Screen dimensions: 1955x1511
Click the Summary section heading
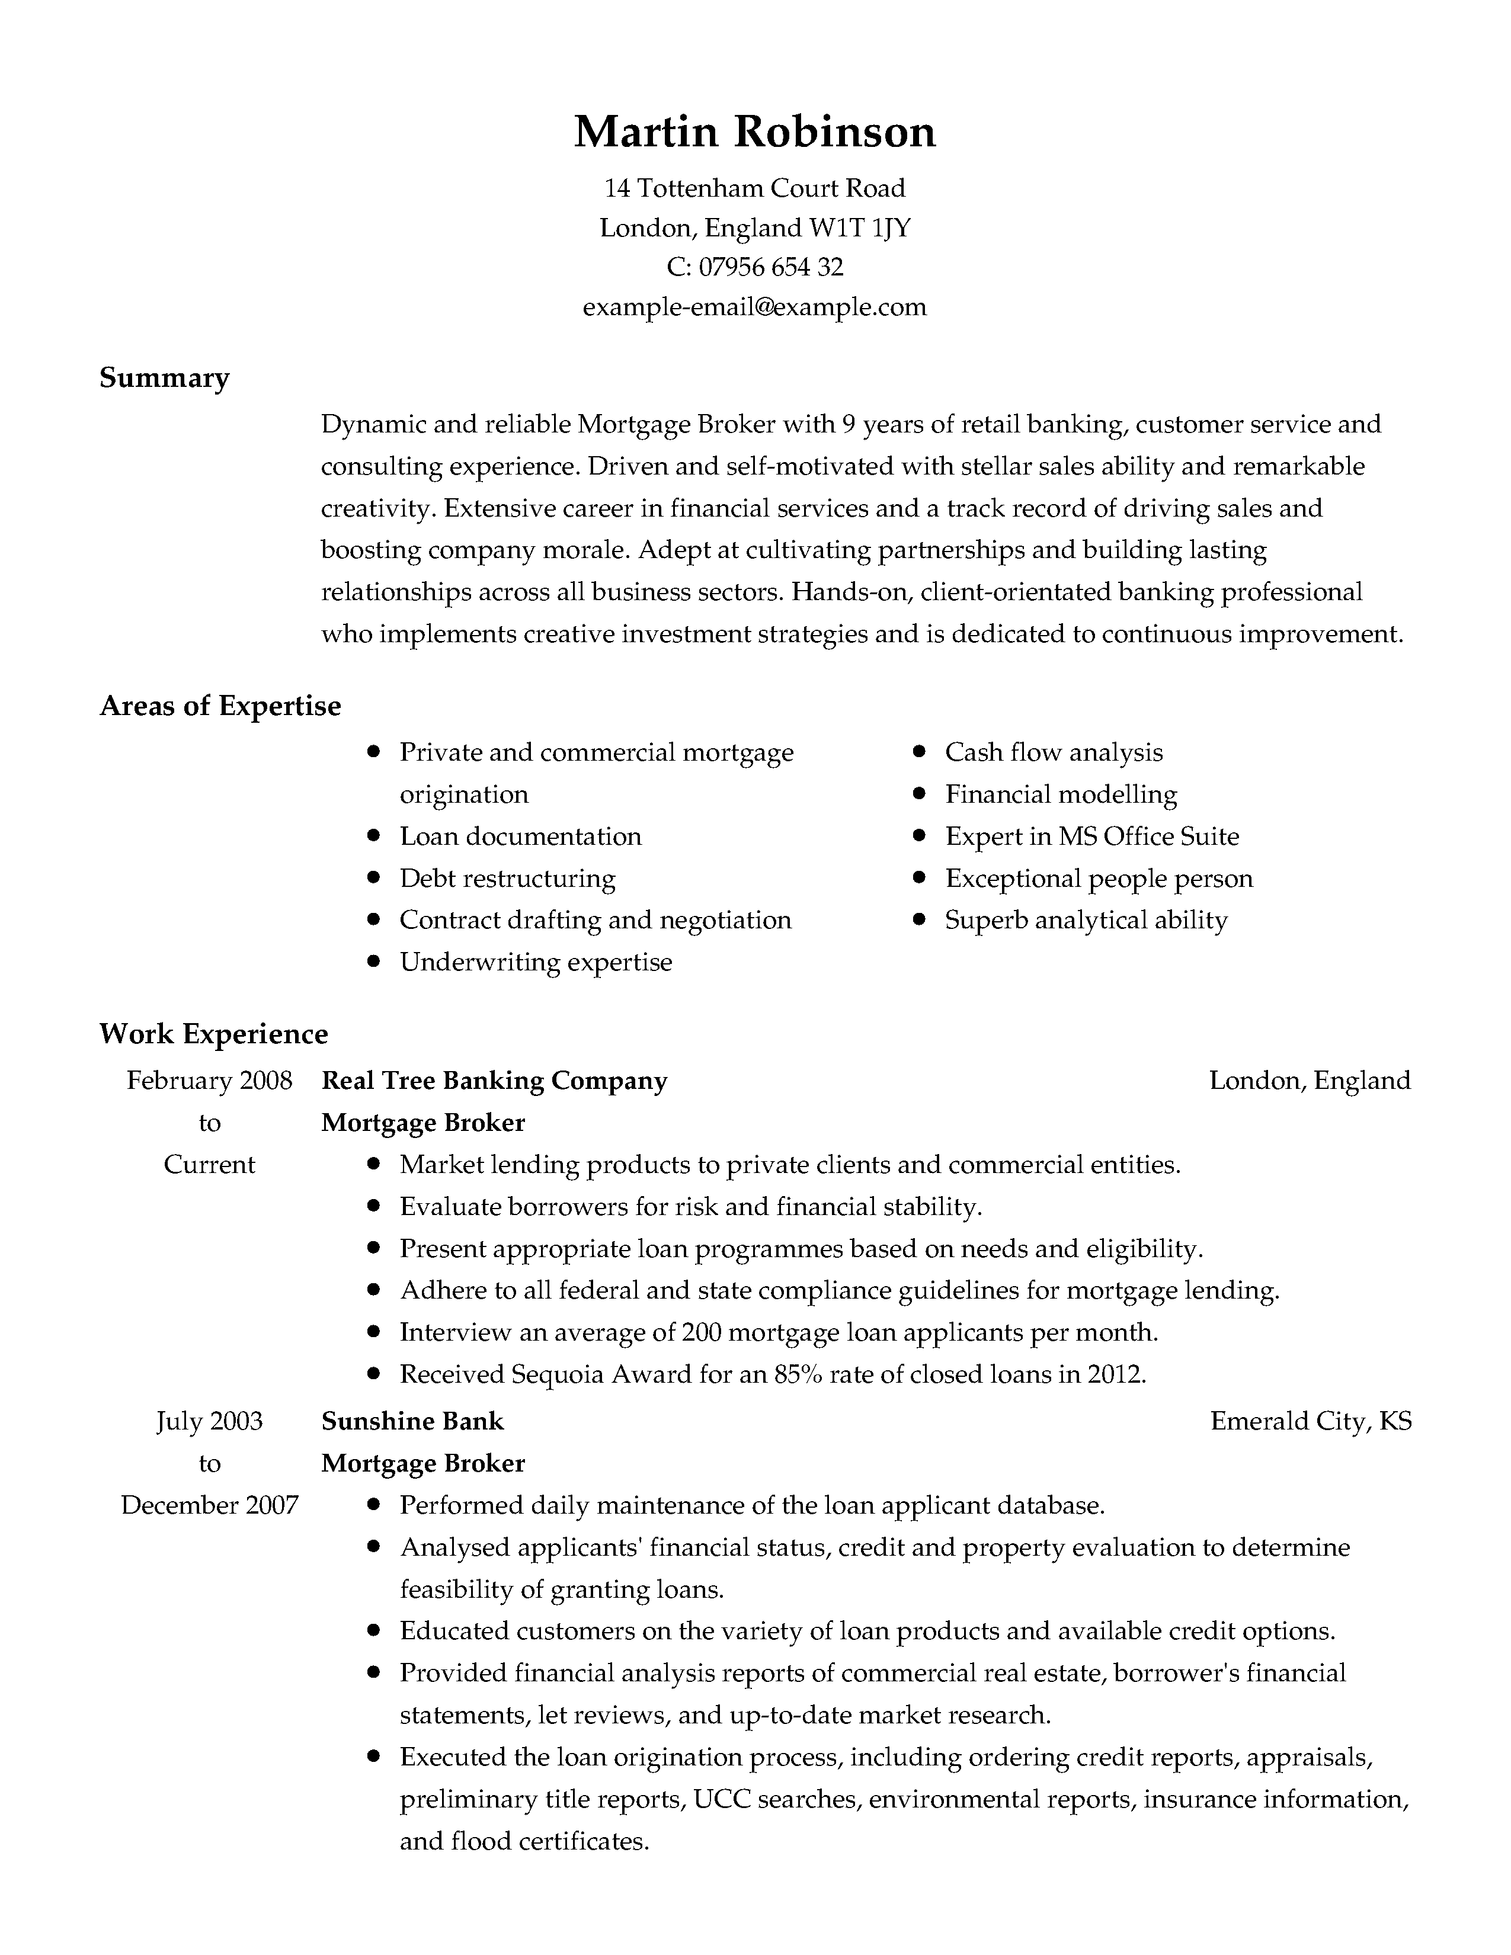pos(165,378)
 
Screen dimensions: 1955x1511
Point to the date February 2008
pos(209,1081)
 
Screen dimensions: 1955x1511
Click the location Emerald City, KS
pos(1311,1421)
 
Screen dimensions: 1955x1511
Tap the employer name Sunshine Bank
pos(412,1421)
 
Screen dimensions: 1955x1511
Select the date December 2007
pos(209,1505)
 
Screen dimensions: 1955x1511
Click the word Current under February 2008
pos(209,1165)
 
